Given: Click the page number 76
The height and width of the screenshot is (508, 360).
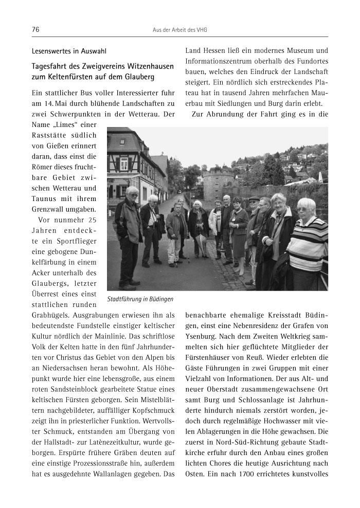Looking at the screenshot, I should [35, 30].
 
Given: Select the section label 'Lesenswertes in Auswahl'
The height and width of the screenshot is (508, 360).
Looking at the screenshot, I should [69, 51].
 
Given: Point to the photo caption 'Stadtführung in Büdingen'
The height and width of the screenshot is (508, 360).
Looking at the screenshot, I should [140, 299].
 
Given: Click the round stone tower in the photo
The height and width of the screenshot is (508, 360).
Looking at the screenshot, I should [219, 183].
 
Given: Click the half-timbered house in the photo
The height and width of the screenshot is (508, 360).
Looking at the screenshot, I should [129, 165].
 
